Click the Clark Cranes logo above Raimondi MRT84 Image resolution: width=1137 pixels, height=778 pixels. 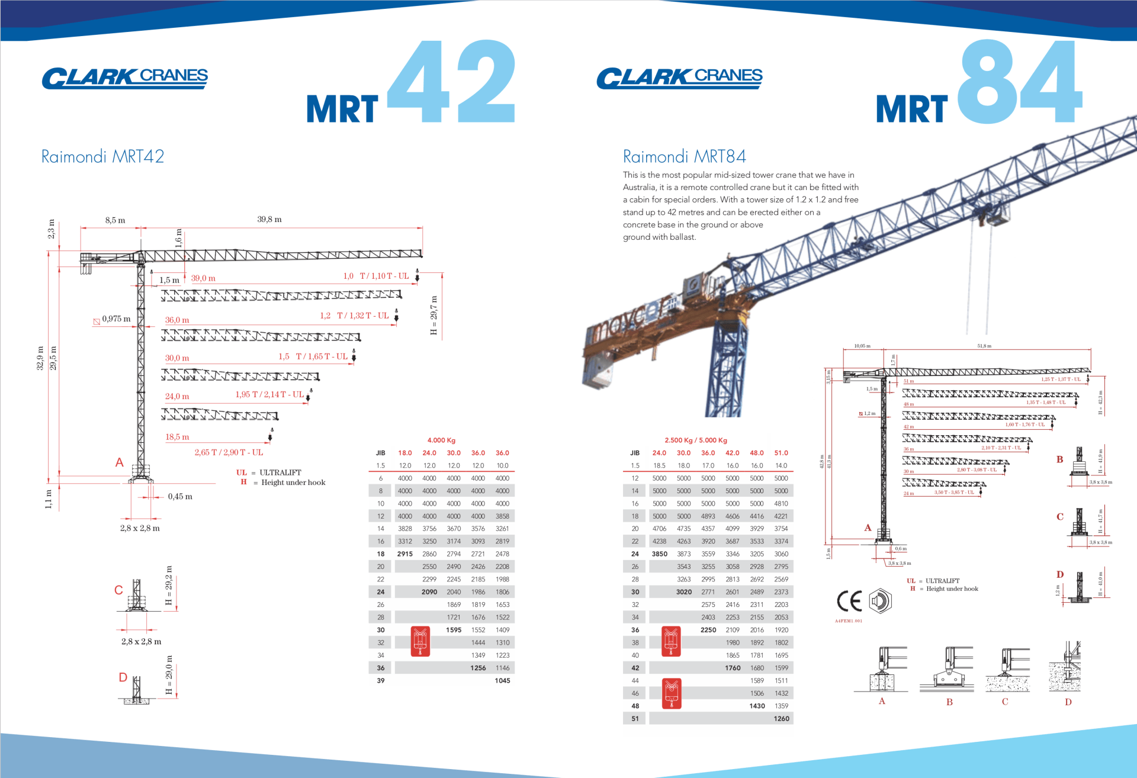point(679,78)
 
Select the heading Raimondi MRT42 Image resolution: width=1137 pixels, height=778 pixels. point(102,156)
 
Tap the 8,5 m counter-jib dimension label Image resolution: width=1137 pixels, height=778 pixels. point(115,220)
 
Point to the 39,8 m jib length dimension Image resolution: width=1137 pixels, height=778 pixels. point(269,219)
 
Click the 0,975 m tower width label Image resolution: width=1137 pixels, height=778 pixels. point(116,319)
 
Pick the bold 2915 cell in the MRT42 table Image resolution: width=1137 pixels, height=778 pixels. point(405,554)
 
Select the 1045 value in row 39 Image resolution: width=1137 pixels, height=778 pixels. point(502,681)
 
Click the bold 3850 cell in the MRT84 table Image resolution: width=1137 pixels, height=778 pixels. point(659,554)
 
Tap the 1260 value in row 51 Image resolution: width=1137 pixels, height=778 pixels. point(781,719)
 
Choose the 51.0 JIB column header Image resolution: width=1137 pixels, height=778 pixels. point(781,453)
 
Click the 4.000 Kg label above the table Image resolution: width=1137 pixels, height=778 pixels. point(441,440)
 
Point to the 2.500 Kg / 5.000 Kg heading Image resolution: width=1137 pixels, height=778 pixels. point(696,440)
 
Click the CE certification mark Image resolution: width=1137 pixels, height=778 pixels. point(849,602)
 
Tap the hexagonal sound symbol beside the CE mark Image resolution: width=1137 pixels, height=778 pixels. point(880,601)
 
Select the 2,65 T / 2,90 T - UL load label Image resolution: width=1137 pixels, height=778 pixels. point(229,452)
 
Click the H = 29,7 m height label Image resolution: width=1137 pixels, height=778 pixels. point(433,316)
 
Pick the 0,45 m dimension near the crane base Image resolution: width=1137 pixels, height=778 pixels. point(180,497)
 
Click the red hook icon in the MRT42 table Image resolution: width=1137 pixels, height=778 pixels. point(420,642)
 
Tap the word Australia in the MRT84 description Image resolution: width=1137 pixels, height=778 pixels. point(639,187)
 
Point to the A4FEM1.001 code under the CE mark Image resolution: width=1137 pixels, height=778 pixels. point(849,621)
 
